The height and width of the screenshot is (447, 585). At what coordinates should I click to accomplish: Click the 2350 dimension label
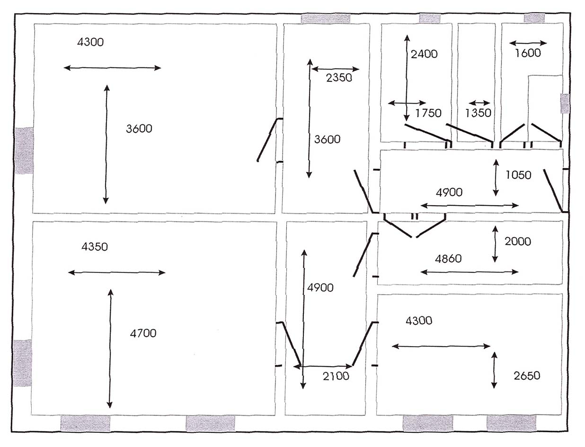click(339, 78)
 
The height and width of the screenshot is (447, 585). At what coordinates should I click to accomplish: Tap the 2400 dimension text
click(424, 54)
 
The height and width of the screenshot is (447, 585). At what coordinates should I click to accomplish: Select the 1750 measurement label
click(428, 113)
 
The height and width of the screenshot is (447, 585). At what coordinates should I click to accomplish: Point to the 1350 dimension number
click(478, 114)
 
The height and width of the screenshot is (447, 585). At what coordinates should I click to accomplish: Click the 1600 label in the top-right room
click(528, 53)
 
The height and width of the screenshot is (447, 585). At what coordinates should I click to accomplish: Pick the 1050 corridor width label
click(518, 175)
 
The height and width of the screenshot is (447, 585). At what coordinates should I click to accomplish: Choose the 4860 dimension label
click(448, 259)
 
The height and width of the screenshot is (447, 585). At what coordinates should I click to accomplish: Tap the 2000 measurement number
click(518, 242)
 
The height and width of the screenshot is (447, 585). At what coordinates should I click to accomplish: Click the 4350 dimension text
click(95, 247)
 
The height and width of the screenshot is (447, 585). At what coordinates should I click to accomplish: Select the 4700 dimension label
click(143, 334)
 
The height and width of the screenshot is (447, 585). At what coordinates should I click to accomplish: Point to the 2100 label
click(336, 377)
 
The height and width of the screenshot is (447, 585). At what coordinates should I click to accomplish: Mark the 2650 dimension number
click(527, 376)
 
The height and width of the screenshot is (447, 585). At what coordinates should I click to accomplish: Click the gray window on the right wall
click(565, 104)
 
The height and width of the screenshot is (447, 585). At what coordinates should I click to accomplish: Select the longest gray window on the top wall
click(326, 18)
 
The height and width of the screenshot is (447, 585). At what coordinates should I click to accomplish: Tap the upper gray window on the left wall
click(24, 150)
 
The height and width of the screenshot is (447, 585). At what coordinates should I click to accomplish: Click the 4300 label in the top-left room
click(90, 42)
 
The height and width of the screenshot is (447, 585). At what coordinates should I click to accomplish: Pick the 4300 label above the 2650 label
click(419, 321)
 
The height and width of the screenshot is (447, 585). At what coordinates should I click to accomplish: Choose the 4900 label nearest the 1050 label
click(449, 193)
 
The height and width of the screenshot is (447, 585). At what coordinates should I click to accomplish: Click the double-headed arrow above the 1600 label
click(528, 43)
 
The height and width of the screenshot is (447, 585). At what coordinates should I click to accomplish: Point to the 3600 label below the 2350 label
click(327, 140)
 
